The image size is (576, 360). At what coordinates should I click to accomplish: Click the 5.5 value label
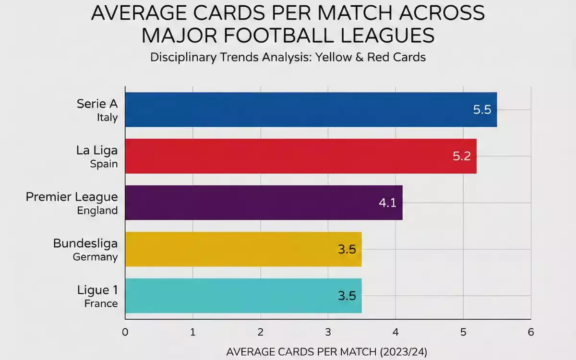point(482,109)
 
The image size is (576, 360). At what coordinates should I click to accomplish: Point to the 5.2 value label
point(462,156)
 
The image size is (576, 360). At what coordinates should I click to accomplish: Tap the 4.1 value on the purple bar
point(387,203)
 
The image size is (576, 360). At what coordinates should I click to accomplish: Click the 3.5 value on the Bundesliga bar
point(347,250)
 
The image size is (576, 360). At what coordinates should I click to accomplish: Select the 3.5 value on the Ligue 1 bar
point(347,296)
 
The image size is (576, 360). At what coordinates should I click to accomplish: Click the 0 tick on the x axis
point(125,332)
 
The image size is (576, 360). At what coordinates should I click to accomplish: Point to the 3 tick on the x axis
point(328,332)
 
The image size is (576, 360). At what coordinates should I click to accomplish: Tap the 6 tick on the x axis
point(530,332)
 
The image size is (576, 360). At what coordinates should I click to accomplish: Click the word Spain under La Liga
point(104,164)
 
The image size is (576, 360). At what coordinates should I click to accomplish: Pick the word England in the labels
point(97,210)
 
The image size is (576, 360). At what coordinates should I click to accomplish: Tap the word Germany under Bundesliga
point(95,257)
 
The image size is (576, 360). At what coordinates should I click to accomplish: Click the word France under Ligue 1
point(101,303)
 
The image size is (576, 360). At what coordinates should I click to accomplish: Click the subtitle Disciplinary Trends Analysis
point(288,57)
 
